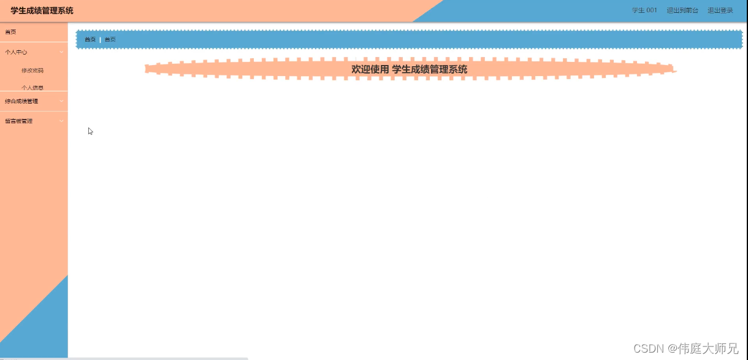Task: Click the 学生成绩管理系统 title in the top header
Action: click(x=42, y=10)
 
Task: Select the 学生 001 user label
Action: click(x=644, y=10)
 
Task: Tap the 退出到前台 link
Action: click(x=682, y=10)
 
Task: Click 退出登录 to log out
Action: click(x=720, y=10)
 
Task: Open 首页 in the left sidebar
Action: click(x=11, y=32)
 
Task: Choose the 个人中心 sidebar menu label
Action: click(x=16, y=52)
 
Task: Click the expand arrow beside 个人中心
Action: click(x=61, y=52)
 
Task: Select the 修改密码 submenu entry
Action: click(x=32, y=71)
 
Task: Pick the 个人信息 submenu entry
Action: click(x=32, y=87)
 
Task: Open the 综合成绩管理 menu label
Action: click(x=21, y=101)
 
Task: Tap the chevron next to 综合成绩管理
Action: click(x=61, y=101)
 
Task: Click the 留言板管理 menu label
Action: click(x=19, y=121)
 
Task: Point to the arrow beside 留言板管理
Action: click(x=61, y=121)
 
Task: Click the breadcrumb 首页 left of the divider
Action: click(x=90, y=40)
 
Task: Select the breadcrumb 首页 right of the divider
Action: click(x=110, y=40)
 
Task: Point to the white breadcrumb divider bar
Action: click(x=100, y=40)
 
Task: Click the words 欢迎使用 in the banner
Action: click(x=370, y=69)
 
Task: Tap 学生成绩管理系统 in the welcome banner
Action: click(x=429, y=69)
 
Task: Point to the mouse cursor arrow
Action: click(x=90, y=131)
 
